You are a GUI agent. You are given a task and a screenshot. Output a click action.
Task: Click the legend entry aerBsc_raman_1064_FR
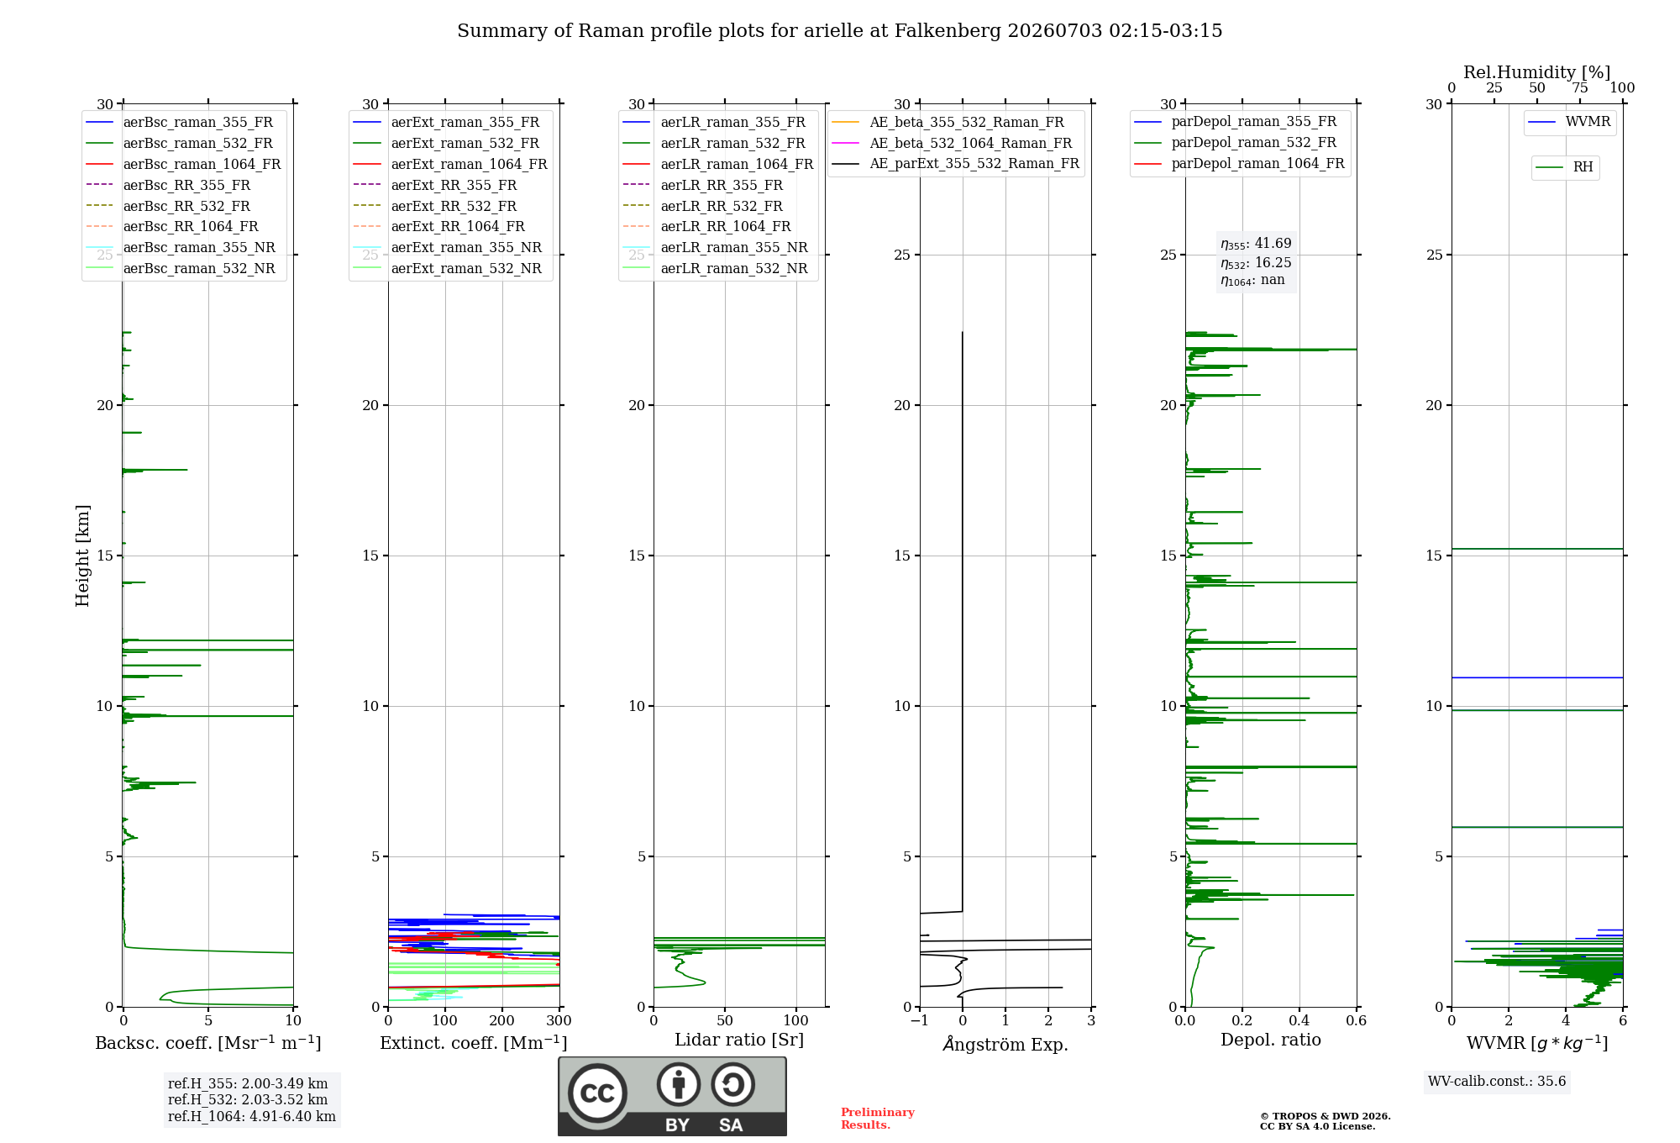(183, 164)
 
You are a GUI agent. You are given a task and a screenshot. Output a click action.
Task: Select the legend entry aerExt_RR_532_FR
(434, 206)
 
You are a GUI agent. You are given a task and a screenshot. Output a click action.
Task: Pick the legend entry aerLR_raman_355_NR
(715, 247)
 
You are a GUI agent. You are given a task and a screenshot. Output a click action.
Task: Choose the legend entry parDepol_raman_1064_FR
(1239, 163)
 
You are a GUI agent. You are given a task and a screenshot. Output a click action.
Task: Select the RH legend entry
(1564, 167)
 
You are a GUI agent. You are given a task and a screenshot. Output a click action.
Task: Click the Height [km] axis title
(82, 556)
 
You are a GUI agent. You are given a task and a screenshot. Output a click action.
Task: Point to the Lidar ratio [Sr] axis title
(739, 1040)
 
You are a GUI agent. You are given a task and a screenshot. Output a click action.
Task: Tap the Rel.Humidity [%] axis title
(1537, 72)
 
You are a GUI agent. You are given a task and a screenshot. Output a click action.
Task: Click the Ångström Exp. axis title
(1005, 1044)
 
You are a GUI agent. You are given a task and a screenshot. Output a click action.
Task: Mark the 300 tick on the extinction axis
(559, 1020)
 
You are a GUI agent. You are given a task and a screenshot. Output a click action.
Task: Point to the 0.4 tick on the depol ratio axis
(1299, 1020)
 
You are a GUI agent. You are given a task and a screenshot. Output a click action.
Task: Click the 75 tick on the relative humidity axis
(1580, 87)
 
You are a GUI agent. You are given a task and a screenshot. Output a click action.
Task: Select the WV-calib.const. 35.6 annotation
(1497, 1081)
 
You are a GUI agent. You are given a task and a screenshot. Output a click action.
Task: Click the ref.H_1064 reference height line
(252, 1116)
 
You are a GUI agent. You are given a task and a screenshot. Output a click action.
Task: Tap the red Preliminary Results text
(878, 1119)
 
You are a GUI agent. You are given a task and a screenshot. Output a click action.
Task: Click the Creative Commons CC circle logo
(597, 1093)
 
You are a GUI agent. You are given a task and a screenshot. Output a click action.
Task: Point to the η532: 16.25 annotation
(1256, 263)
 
